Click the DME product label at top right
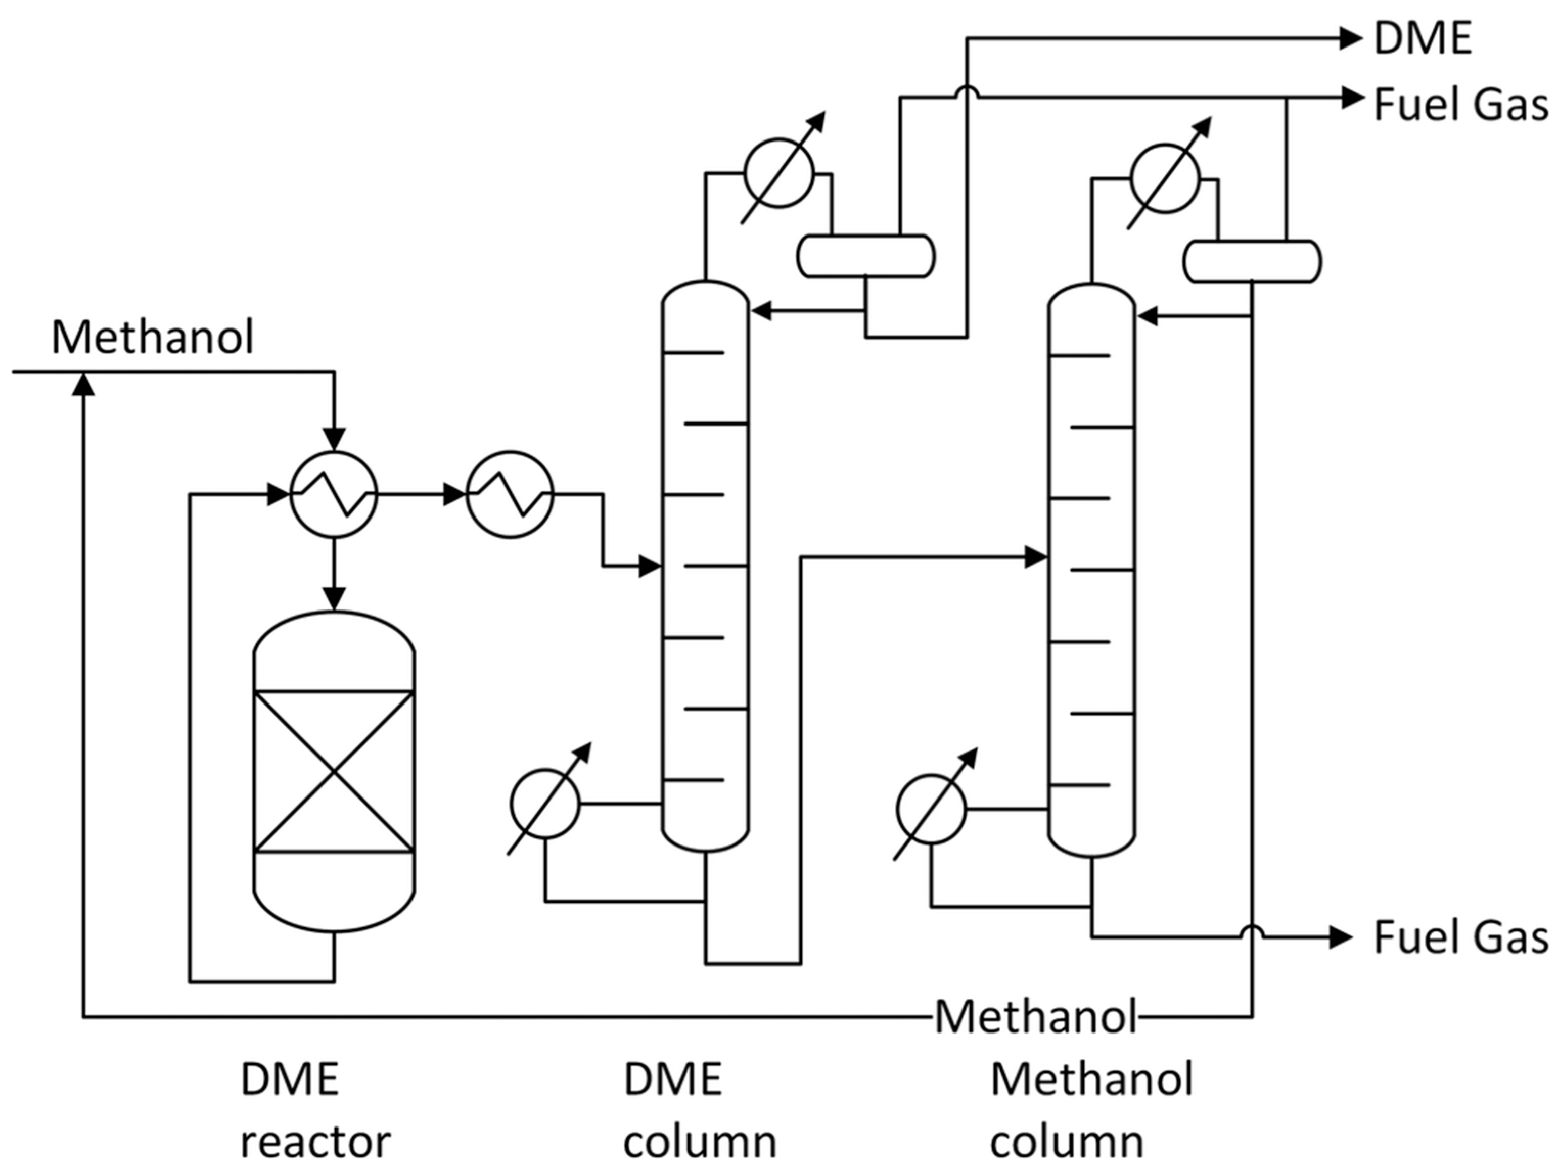(x=1423, y=39)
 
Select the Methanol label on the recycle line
(x=1035, y=1017)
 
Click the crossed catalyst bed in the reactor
(x=334, y=772)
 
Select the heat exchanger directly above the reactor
(x=334, y=494)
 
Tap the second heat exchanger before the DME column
(x=510, y=494)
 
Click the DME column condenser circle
(x=778, y=172)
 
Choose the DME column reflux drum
(x=865, y=256)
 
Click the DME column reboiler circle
(x=544, y=804)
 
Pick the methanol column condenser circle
(x=1164, y=178)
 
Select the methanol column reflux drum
(x=1252, y=262)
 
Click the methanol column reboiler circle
(x=931, y=809)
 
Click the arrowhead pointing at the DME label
(x=1350, y=39)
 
